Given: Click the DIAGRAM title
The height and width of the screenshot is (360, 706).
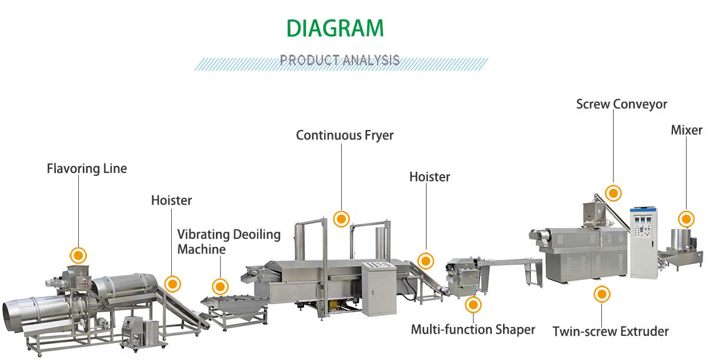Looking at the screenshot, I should pos(335,28).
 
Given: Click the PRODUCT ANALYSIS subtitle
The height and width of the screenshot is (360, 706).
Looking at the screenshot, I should pos(339,60).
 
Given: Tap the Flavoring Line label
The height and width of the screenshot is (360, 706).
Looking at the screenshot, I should pos(86,169).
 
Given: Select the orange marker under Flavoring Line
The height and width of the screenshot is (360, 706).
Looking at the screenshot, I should pos(78,255).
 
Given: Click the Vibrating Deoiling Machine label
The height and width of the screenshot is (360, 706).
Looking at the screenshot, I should pos(229,242).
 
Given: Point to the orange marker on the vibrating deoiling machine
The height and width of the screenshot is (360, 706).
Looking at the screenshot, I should pos(220,286).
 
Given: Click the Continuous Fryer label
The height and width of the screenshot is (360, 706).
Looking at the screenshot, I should pos(345,135).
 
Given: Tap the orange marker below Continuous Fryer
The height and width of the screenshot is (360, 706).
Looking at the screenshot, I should pos(341,219).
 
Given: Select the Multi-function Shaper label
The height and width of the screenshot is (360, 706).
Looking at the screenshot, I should pos(473,329).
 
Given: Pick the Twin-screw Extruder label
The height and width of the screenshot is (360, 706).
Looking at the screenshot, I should pos(610,332).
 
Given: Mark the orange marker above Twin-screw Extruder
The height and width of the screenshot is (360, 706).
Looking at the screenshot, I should pos(601,294).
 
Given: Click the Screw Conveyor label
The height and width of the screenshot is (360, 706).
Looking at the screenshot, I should pos(621,105).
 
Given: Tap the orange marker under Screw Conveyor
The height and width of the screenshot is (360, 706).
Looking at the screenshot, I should pos(614,193).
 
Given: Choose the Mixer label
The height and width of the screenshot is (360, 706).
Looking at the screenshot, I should pos(687,130).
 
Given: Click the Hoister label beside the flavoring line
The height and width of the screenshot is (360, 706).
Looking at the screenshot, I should pos(171,201).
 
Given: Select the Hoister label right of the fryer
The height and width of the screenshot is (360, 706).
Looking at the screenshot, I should pos(429,176).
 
